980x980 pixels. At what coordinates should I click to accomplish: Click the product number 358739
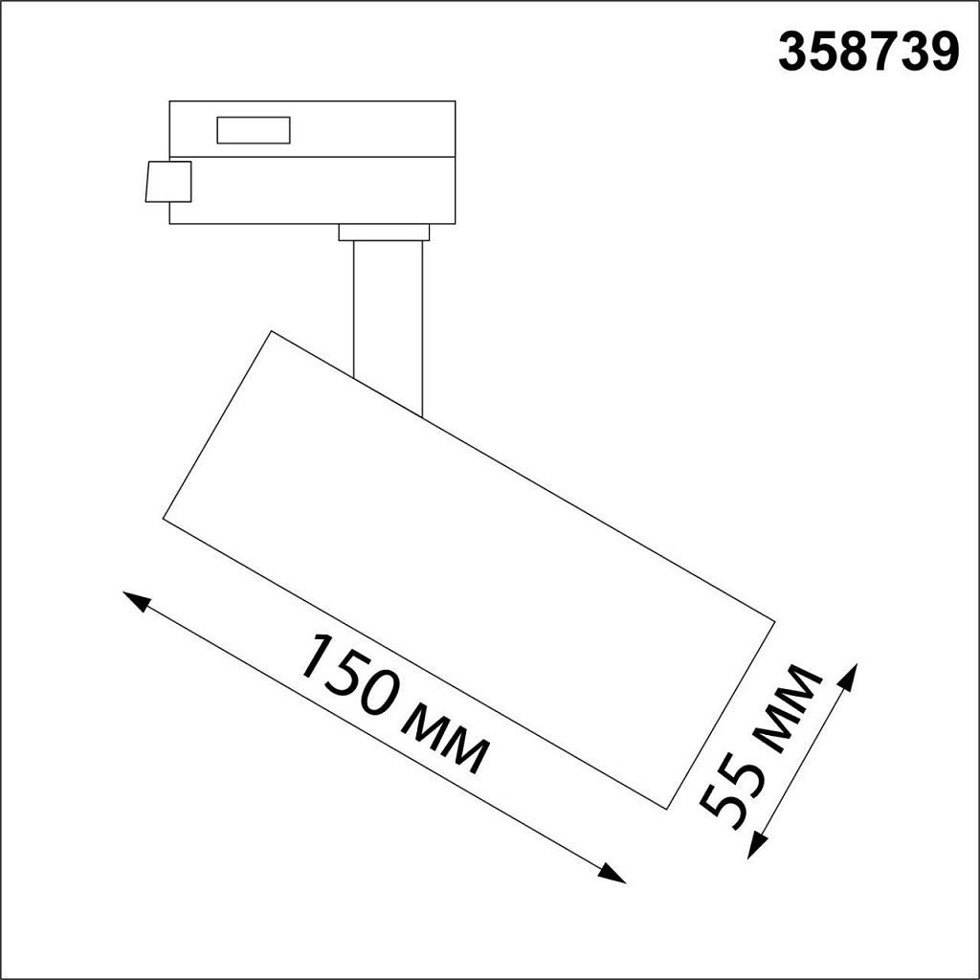tap(867, 54)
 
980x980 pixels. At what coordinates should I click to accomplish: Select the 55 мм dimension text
tap(761, 746)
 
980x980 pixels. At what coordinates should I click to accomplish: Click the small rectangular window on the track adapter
tap(254, 130)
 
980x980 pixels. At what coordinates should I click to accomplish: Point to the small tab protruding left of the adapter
tap(168, 182)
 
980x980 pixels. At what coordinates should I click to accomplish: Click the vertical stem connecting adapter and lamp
tap(388, 316)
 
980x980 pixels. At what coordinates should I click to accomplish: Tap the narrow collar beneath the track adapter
tap(384, 233)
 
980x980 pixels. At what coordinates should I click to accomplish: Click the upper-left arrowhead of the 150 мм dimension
tap(135, 600)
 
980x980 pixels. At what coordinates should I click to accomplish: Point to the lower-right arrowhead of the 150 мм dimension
tap(614, 875)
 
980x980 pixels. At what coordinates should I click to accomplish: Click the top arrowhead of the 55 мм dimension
tap(850, 674)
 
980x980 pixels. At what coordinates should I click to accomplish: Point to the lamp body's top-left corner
tap(273, 332)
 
